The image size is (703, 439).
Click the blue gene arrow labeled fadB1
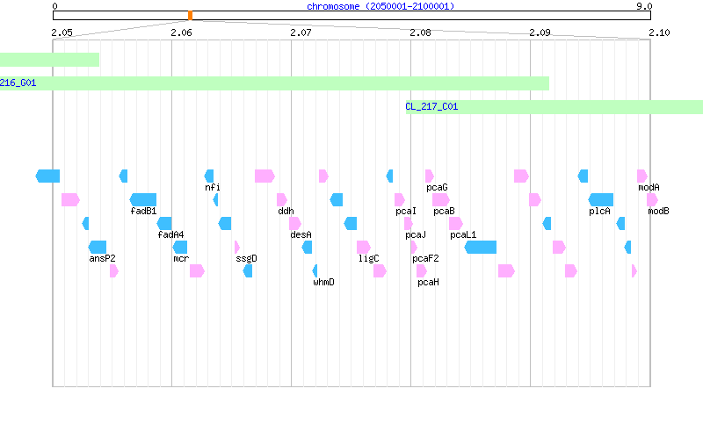(143, 200)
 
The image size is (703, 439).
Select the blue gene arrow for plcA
(601, 200)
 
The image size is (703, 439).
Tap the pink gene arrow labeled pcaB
(441, 200)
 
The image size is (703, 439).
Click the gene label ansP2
(102, 258)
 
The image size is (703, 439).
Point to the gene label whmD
(323, 282)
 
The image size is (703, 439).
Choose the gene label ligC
(368, 258)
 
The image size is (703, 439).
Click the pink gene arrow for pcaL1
(456, 224)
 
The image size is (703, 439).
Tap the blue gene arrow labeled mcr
(180, 248)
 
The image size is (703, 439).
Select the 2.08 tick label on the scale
(420, 32)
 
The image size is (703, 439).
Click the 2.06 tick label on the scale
(181, 32)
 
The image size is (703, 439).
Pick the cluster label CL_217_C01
(431, 106)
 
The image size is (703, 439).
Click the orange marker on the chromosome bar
(190, 16)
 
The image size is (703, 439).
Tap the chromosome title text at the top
(380, 6)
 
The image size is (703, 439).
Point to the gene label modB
(658, 211)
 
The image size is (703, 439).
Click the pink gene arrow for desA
(295, 224)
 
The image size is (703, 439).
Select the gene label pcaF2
(425, 258)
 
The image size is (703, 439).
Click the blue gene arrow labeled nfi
(209, 176)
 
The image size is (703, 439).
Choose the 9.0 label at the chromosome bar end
(644, 6)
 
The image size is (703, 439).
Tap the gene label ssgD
(246, 258)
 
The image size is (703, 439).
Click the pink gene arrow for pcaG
(430, 176)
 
